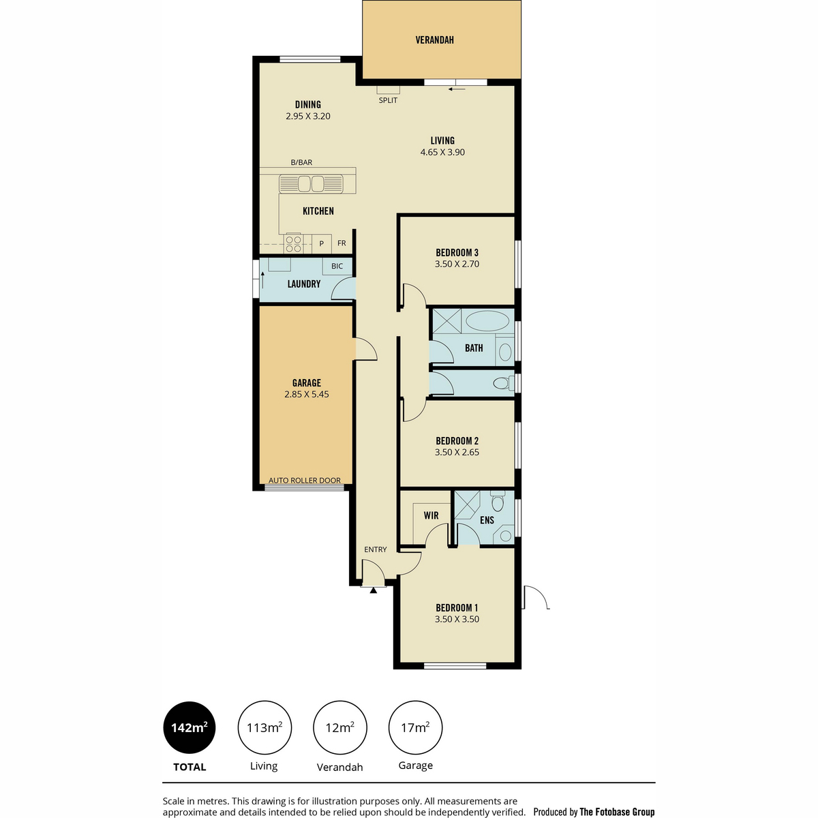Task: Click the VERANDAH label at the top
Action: click(x=434, y=40)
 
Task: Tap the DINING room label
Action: click(x=307, y=104)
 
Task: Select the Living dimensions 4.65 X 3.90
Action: click(x=442, y=153)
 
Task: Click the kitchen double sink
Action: click(x=311, y=184)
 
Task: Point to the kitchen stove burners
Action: click(x=293, y=244)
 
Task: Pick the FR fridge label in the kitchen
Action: click(x=342, y=243)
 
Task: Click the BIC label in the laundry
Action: click(x=337, y=266)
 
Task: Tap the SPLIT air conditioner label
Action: click(x=388, y=101)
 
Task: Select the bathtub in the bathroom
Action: click(x=487, y=321)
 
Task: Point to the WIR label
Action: click(x=431, y=516)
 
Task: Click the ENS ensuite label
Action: click(x=487, y=520)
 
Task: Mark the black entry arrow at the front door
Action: click(x=373, y=590)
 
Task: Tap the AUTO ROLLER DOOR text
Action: click(x=304, y=481)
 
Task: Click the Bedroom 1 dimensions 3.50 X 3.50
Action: click(x=457, y=620)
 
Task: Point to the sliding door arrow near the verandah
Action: click(x=457, y=89)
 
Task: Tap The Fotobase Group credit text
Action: click(x=617, y=812)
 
